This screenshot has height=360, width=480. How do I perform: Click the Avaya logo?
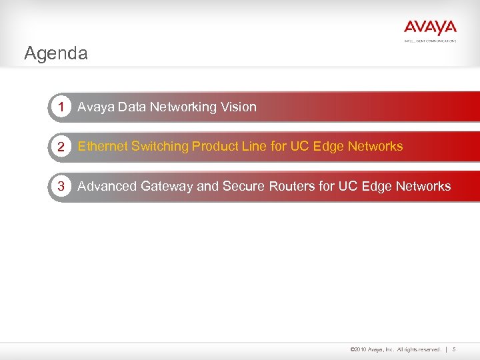[x=430, y=28]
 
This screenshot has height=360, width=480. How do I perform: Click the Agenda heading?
[x=55, y=53]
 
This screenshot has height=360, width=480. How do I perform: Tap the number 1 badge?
[x=61, y=107]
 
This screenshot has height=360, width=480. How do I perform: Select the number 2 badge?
[x=61, y=147]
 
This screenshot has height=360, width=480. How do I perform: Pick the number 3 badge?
[x=61, y=187]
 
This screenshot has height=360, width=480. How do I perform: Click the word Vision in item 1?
[x=239, y=107]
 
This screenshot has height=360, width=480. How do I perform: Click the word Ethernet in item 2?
[x=103, y=147]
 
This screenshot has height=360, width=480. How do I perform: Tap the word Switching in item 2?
[x=160, y=147]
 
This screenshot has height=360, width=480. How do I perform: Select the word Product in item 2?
[x=214, y=147]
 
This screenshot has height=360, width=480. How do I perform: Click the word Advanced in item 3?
[x=107, y=187]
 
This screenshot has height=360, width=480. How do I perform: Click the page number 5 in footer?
[x=454, y=349]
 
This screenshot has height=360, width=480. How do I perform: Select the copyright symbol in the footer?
[x=351, y=349]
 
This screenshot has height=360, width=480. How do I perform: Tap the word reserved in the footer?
[x=427, y=349]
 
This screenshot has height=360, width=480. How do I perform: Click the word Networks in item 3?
[x=423, y=187]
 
